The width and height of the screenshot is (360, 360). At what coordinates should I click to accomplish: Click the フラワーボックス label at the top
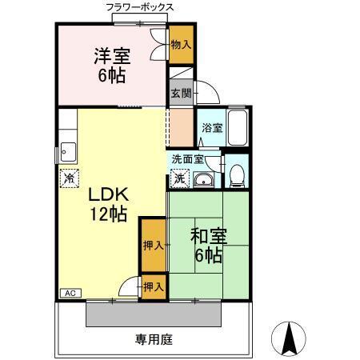coord(141,7)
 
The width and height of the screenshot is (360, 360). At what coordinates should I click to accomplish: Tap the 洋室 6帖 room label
coord(112,67)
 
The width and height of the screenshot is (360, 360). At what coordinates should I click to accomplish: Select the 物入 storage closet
coord(182,46)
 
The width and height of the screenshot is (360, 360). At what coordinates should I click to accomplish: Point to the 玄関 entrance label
coord(180,92)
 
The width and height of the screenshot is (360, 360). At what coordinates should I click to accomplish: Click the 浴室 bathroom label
coord(211,128)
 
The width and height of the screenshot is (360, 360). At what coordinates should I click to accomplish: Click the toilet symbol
coord(236,175)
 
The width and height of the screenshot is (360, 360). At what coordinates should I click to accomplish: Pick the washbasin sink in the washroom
coord(204,179)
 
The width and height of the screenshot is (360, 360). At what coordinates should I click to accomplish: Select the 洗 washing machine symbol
coord(181,178)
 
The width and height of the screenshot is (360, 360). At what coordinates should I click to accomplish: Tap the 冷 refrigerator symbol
coord(69,177)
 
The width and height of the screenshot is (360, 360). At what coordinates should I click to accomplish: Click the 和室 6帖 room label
coord(209,246)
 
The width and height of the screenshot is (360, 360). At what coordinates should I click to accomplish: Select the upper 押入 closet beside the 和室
coord(153,245)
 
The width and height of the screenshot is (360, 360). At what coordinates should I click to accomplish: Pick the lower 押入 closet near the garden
coord(154,286)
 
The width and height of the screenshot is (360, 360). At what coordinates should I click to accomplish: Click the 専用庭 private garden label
coord(154,338)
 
